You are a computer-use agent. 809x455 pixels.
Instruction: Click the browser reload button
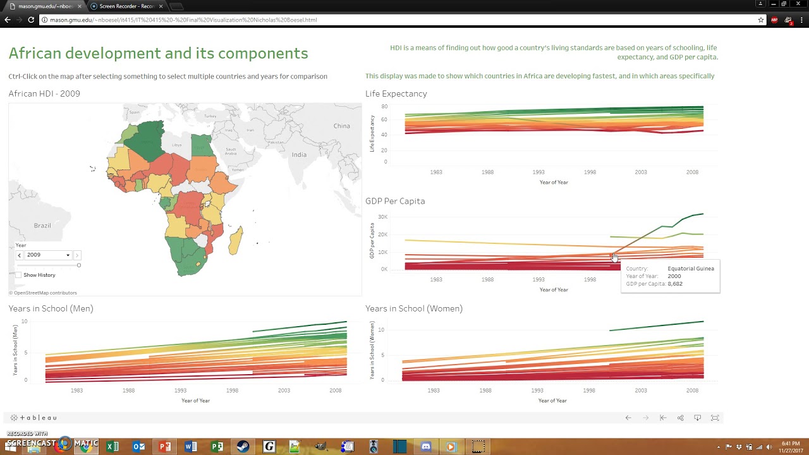click(31, 20)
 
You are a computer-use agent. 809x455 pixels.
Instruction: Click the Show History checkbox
click(18, 275)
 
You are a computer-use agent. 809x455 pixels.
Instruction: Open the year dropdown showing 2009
click(48, 255)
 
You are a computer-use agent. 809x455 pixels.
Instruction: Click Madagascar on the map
click(235, 241)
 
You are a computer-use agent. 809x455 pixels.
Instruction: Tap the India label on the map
click(299, 155)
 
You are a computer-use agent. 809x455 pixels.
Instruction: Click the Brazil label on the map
click(42, 226)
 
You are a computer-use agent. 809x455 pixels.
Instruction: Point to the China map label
click(341, 126)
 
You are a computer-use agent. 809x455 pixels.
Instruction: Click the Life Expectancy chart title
click(396, 94)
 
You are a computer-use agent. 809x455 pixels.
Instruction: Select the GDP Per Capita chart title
click(395, 201)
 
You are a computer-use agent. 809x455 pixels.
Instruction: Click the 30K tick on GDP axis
click(382, 217)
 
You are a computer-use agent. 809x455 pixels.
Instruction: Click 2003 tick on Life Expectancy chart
click(641, 172)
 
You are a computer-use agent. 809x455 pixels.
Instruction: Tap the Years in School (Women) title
click(414, 308)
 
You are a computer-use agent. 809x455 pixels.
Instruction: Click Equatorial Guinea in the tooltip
click(691, 269)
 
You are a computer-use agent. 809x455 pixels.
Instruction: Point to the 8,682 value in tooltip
click(675, 284)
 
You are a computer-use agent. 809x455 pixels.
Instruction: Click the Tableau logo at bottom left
click(34, 418)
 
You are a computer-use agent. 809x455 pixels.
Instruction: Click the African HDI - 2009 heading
click(44, 94)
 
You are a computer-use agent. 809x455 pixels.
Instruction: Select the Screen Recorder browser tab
click(126, 6)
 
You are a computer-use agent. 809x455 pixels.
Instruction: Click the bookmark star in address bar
click(761, 20)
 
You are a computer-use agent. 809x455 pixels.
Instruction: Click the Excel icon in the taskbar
click(113, 447)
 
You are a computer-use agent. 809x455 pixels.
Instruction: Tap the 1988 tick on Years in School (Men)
click(128, 391)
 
